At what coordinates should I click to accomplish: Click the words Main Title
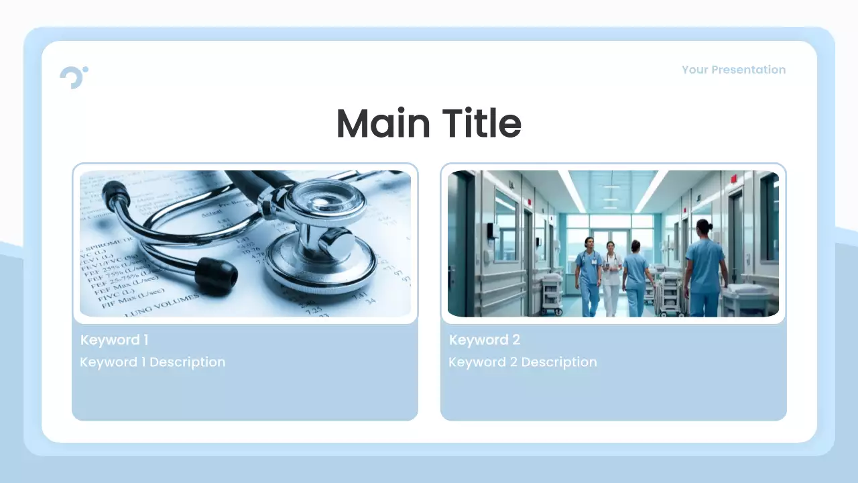click(x=429, y=123)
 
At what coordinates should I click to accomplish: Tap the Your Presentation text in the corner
click(x=733, y=70)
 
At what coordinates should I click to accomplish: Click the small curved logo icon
click(x=73, y=77)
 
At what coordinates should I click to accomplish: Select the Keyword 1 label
click(x=114, y=340)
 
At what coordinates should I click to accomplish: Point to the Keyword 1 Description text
click(x=152, y=362)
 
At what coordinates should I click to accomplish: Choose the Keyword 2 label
click(x=484, y=340)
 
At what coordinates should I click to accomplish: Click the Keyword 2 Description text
click(x=522, y=362)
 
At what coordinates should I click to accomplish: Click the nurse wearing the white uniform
click(x=611, y=276)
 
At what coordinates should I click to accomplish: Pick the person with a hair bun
click(x=704, y=268)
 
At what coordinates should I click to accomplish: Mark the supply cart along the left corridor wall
click(x=551, y=293)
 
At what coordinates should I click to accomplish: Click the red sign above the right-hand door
click(x=734, y=179)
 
